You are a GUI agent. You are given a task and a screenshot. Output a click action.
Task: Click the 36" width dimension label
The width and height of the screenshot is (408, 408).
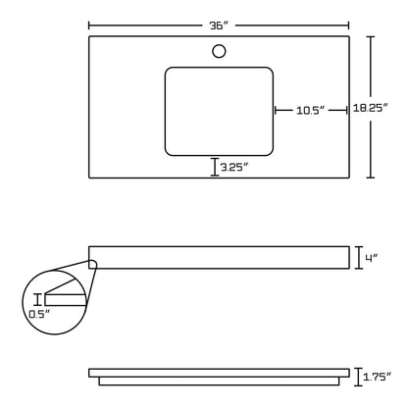(219, 25)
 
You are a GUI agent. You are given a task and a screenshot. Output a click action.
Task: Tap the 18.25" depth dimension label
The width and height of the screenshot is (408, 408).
(370, 108)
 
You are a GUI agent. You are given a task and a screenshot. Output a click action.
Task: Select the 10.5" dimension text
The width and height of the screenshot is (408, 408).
(310, 110)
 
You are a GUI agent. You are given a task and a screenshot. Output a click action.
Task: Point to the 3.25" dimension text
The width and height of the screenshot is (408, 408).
(234, 168)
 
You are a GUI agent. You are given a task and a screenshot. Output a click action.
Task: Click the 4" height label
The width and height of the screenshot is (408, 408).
(371, 259)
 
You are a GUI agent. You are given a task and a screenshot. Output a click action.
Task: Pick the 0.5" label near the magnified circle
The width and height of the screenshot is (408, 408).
(39, 314)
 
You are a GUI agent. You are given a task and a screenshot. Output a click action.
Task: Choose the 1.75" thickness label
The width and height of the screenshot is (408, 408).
(378, 377)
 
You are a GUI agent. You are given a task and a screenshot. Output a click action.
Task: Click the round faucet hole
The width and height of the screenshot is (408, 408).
(219, 51)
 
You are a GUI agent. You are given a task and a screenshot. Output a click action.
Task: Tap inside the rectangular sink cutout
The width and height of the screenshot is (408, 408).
(219, 112)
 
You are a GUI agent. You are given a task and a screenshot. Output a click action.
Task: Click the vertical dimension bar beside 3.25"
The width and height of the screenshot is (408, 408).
(215, 167)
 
